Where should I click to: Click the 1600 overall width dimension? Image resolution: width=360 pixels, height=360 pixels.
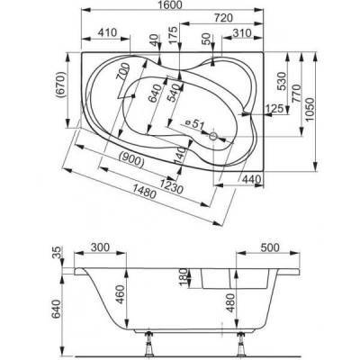pyautogui.click(x=172, y=5)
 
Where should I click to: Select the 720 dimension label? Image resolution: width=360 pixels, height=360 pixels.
pyautogui.click(x=224, y=18)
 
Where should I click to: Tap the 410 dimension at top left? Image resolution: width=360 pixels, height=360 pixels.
pyautogui.click(x=107, y=32)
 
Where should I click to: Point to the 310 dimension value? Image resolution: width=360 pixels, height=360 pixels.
pyautogui.click(x=242, y=33)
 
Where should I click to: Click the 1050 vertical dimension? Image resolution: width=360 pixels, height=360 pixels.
pyautogui.click(x=310, y=109)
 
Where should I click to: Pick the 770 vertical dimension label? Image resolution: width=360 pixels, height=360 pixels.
pyautogui.click(x=297, y=94)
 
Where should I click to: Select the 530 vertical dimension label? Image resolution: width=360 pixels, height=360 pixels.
pyautogui.click(x=283, y=81)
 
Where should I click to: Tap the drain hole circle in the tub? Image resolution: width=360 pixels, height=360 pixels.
pyautogui.click(x=213, y=137)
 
